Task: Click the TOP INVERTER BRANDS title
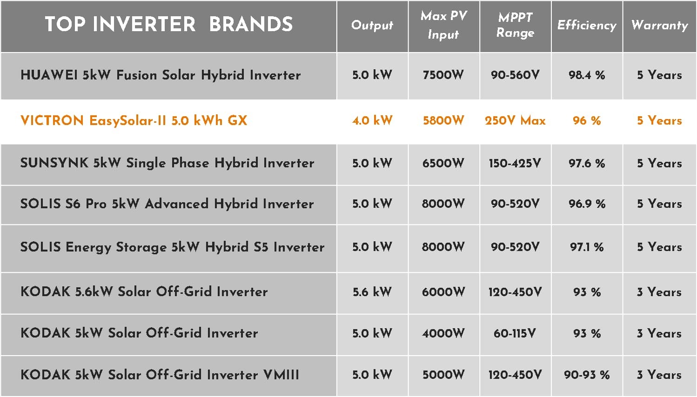point(169,24)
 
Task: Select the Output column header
point(372,26)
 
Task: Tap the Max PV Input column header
point(444,25)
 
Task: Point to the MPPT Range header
point(515,25)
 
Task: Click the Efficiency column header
point(587,25)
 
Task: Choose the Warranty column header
point(660,25)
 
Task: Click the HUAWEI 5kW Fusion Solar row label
point(161,75)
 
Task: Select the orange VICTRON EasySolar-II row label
point(134,120)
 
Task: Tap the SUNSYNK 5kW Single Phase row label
point(168,163)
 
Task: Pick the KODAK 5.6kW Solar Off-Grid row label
point(144,291)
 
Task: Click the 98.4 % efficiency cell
point(587,75)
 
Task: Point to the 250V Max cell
point(515,120)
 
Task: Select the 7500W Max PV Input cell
point(443,75)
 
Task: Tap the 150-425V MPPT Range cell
point(515,163)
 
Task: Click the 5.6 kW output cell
point(372,292)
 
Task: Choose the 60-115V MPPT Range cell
point(515,333)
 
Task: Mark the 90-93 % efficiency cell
point(587,375)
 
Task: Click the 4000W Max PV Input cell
point(443,333)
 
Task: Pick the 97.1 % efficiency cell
point(587,247)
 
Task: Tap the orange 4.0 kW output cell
point(372,120)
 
